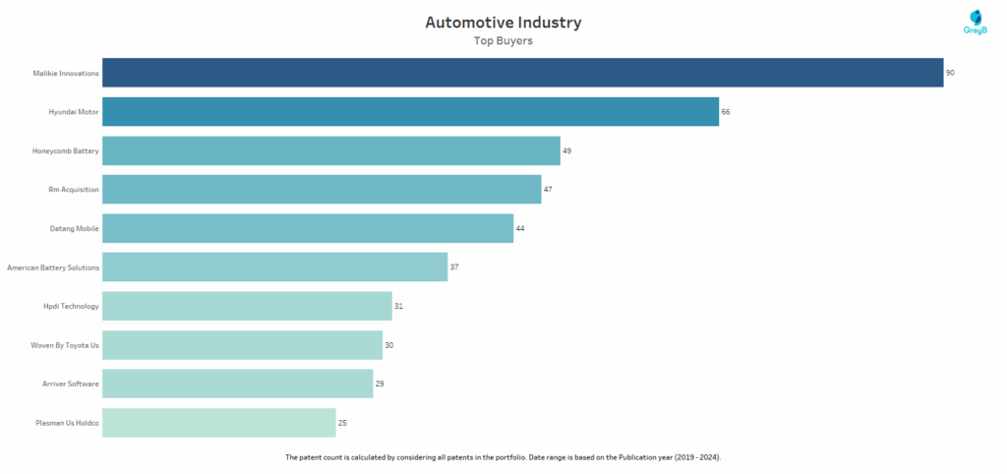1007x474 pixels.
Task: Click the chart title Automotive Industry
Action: (503, 22)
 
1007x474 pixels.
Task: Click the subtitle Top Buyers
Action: (503, 41)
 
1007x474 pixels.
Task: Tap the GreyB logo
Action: (975, 23)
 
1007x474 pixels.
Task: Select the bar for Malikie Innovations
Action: (522, 73)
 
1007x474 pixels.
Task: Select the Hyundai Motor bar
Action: (410, 112)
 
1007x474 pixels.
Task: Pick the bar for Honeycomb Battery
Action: (330, 150)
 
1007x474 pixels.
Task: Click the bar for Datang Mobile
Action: (307, 228)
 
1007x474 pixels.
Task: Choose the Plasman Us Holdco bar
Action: (218, 423)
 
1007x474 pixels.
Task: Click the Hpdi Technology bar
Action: (247, 306)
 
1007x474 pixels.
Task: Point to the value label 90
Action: (951, 74)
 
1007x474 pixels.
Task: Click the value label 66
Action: (726, 112)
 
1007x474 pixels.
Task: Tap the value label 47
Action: (548, 190)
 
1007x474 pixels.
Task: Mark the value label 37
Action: (454, 267)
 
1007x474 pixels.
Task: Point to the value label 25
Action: (342, 423)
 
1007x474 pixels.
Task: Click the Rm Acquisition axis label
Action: (74, 190)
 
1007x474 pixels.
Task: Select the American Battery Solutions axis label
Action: (53, 267)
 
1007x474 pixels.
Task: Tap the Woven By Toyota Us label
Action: (65, 345)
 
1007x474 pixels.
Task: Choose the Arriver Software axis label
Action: (68, 384)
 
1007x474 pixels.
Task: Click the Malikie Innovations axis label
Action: (65, 74)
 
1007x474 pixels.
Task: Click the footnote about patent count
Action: (503, 458)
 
